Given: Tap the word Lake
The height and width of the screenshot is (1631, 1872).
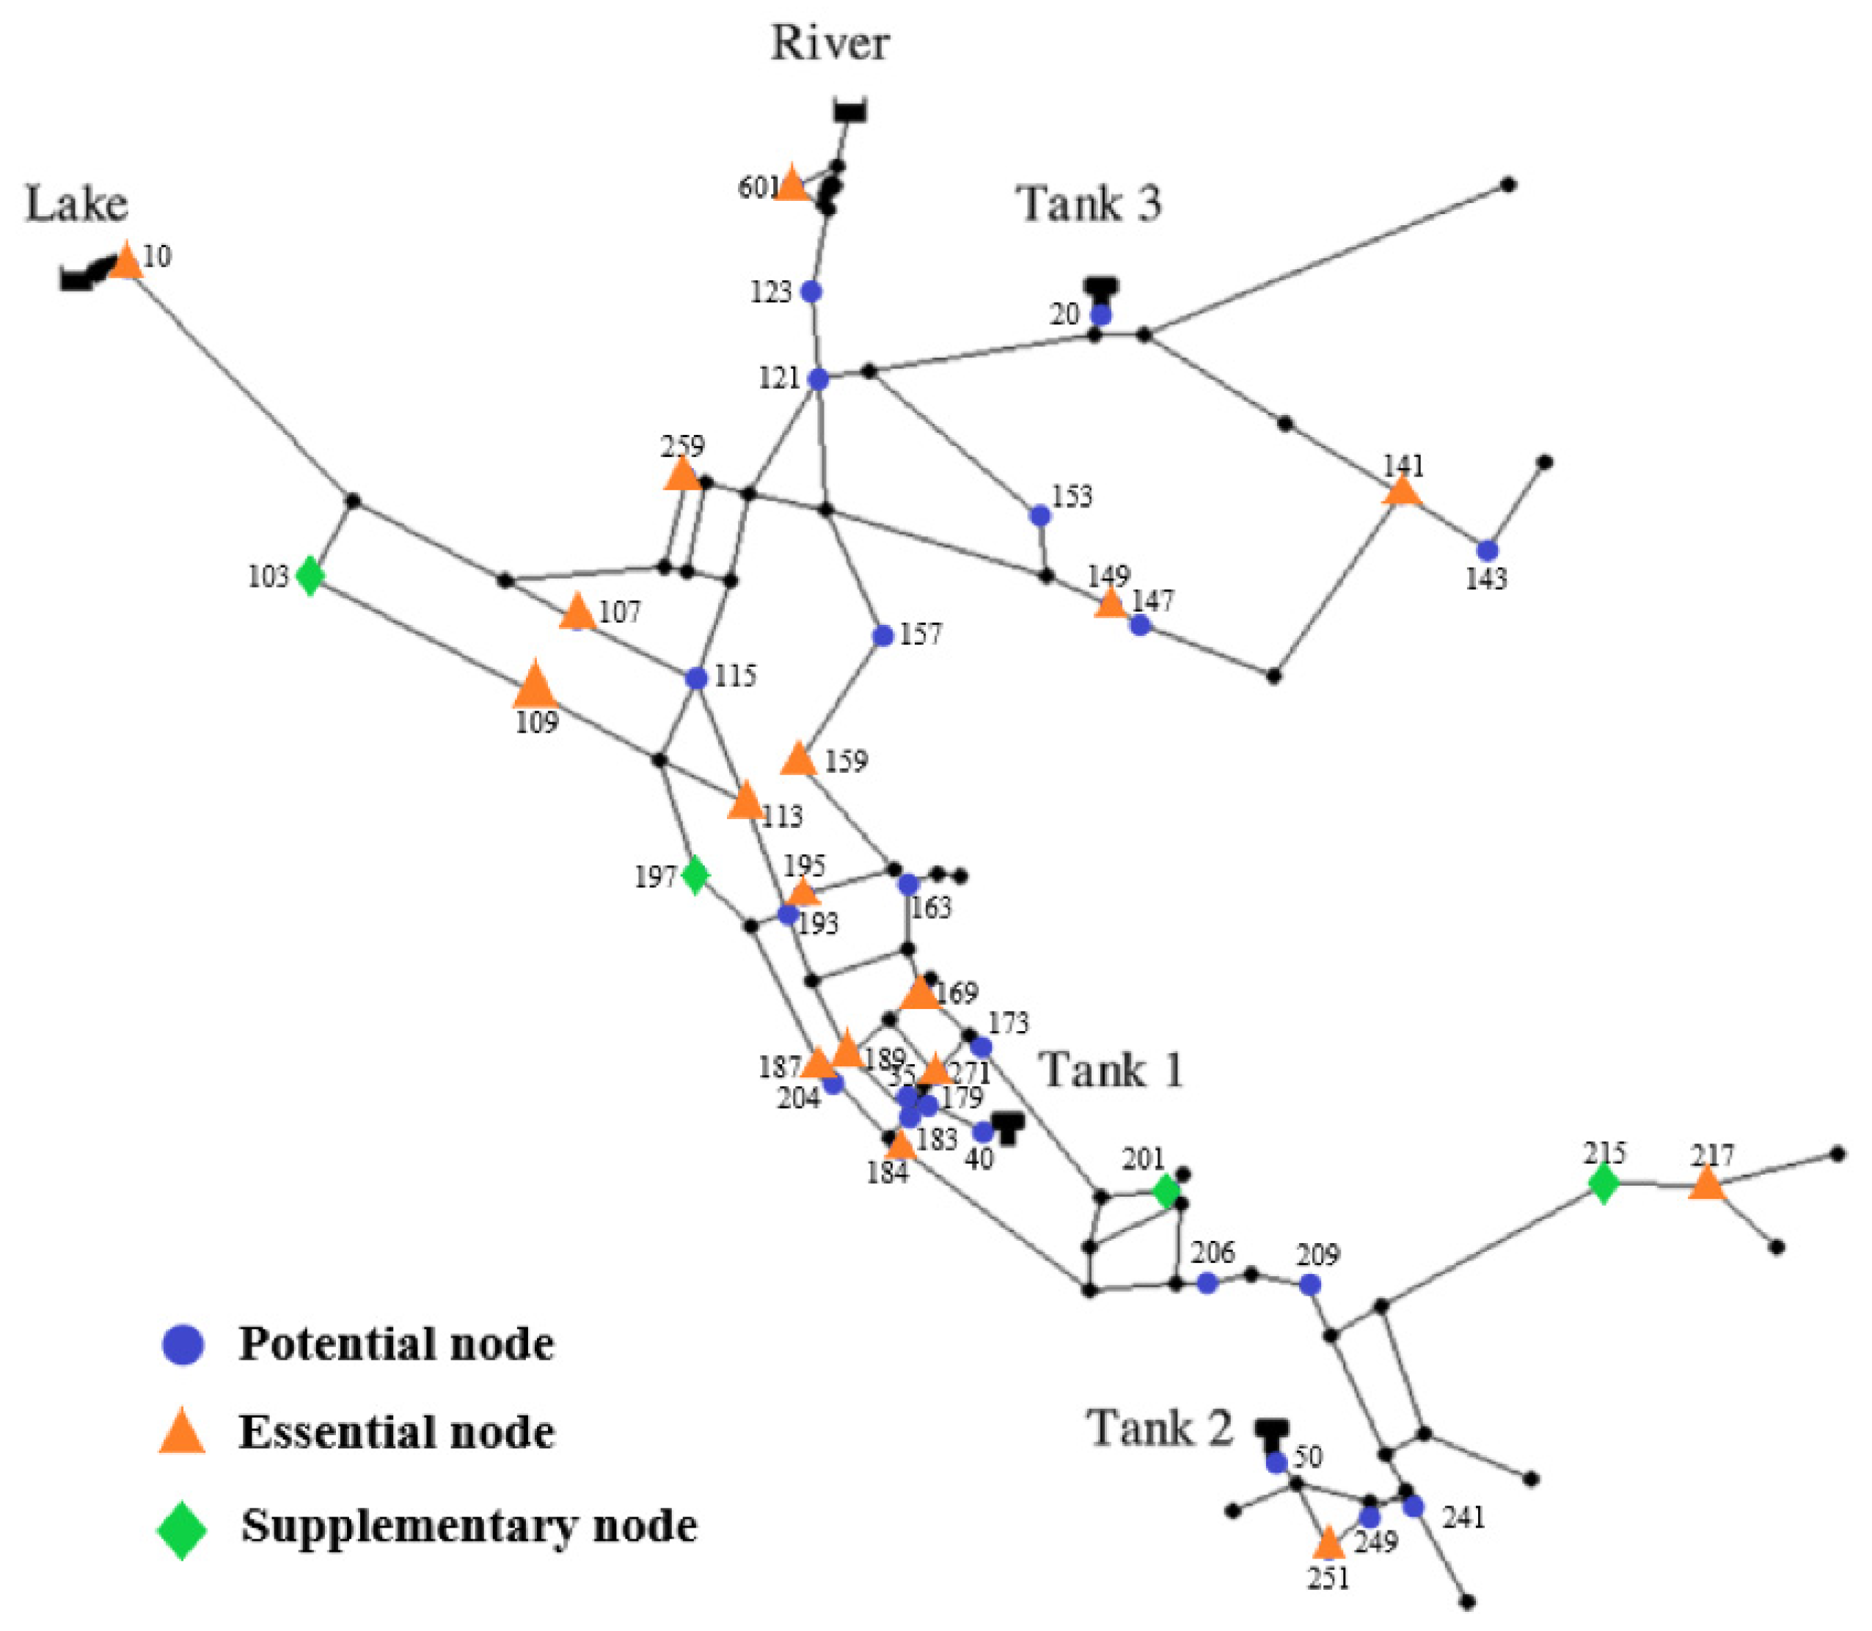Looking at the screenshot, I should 76,204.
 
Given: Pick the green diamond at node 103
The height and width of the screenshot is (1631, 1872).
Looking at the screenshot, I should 310,576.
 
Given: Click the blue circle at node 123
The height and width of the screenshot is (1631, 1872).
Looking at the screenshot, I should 811,292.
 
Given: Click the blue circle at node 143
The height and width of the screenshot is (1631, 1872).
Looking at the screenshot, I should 1487,551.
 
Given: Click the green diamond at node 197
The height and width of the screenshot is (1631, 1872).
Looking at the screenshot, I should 695,876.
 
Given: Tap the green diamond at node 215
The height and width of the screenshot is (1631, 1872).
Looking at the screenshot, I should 1604,1184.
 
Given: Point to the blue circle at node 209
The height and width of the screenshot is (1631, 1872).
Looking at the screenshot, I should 1309,1285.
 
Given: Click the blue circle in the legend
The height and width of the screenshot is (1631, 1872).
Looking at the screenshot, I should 182,1344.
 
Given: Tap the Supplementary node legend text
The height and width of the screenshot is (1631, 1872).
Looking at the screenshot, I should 468,1525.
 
